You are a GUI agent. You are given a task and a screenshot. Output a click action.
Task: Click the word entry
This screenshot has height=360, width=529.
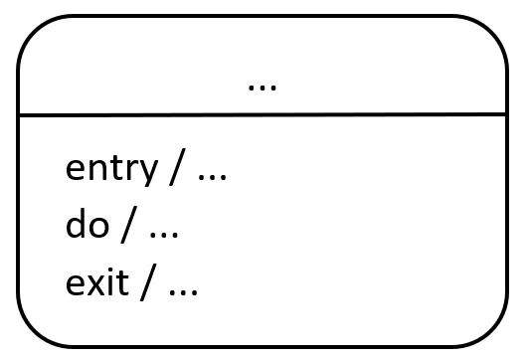pyautogui.click(x=111, y=170)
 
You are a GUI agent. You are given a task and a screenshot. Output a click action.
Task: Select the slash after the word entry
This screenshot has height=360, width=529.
pyautogui.click(x=177, y=167)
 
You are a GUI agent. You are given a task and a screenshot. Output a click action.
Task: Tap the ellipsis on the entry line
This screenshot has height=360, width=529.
pyautogui.click(x=212, y=177)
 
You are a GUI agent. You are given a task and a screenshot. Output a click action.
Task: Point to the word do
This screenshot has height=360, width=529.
pyautogui.click(x=88, y=223)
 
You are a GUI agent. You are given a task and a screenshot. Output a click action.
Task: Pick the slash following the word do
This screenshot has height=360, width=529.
pyautogui.click(x=129, y=225)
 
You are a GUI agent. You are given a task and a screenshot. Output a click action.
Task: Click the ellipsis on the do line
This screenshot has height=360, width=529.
pyautogui.click(x=164, y=235)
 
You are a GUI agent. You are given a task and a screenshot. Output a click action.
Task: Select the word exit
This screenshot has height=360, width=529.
pyautogui.click(x=97, y=282)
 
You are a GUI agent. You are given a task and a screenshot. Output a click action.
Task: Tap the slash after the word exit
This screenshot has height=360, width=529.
pyautogui.click(x=148, y=282)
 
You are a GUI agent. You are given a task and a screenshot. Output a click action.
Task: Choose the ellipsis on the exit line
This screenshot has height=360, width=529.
pyautogui.click(x=183, y=292)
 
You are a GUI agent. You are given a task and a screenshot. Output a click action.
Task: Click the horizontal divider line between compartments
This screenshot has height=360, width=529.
pyautogui.click(x=263, y=115)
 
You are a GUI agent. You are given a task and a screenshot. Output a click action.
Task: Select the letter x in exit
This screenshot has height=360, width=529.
pyautogui.click(x=101, y=283)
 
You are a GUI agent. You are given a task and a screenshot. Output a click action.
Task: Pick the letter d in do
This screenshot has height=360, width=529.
pyautogui.click(x=76, y=223)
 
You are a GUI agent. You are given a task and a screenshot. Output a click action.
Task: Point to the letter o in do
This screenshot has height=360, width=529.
pyautogui.click(x=99, y=227)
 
